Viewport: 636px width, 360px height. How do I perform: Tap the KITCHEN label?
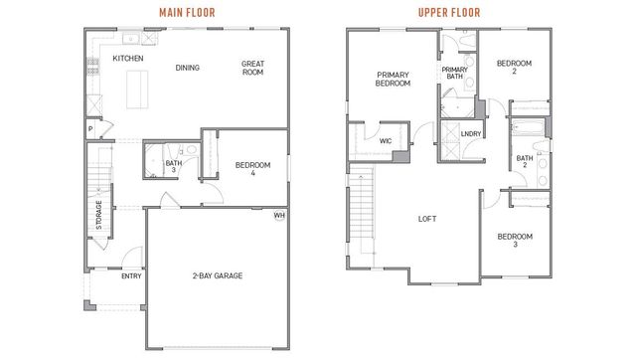(x=128, y=59)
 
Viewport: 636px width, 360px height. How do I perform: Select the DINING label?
(x=188, y=68)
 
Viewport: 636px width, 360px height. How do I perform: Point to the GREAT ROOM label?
(x=252, y=69)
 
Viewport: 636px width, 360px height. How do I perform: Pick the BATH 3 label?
(x=171, y=166)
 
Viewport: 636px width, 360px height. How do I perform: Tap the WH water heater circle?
(x=279, y=216)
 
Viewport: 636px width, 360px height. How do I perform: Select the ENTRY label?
(x=131, y=276)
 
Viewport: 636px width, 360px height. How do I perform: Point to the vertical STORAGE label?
(x=98, y=216)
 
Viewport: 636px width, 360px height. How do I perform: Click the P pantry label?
(x=89, y=128)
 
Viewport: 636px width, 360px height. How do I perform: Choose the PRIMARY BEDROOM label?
(x=394, y=80)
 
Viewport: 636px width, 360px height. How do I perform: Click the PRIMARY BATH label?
(x=455, y=73)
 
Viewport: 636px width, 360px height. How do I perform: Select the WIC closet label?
(x=386, y=141)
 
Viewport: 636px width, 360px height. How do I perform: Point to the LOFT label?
(x=428, y=220)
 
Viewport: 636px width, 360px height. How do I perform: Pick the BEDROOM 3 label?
(x=514, y=240)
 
